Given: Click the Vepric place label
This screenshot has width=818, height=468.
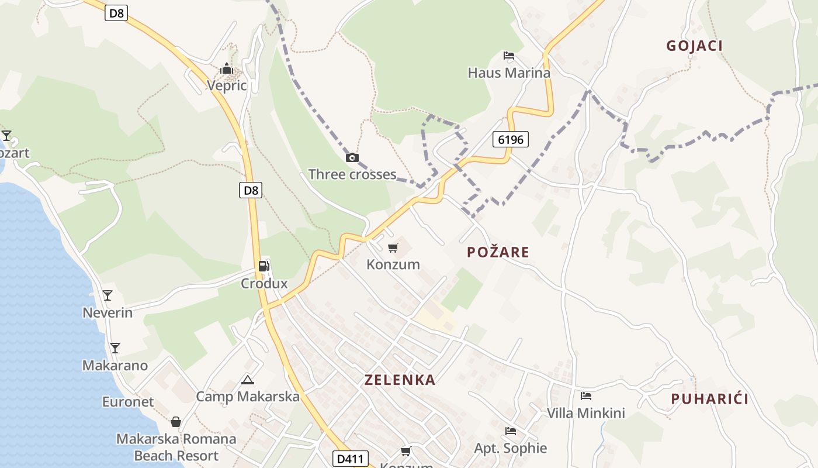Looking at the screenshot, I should [227, 86].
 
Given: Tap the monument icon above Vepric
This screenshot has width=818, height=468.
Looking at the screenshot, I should [227, 69].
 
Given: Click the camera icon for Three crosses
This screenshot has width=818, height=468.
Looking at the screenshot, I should [352, 157].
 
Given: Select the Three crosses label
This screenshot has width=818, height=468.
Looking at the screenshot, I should [352, 174].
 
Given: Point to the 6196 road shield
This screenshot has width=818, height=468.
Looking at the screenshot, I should [511, 139].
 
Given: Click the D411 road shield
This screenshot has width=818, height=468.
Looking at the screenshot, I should [348, 459].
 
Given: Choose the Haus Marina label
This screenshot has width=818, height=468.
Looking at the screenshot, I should [509, 73].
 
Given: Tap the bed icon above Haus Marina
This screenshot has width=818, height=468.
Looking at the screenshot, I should [509, 56].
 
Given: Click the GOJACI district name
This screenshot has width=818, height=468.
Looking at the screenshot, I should [695, 46].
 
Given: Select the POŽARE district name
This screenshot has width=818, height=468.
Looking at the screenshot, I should [498, 252].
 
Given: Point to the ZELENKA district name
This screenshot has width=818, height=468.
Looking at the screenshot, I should [400, 380].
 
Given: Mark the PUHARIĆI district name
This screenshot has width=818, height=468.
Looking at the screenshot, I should [709, 399].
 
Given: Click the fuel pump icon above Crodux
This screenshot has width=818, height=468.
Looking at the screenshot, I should [264, 266].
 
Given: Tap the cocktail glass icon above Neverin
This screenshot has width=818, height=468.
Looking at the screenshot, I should [108, 295].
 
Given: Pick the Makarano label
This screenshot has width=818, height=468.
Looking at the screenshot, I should [115, 366].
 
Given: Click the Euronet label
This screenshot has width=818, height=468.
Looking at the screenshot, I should [128, 402].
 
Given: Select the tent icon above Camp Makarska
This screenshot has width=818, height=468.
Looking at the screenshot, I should [248, 380].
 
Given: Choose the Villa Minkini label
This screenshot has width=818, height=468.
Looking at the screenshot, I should [586, 413].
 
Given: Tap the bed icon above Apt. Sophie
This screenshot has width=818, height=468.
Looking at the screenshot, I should [511, 431].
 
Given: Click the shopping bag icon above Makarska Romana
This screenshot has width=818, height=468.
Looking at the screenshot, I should [176, 422].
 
